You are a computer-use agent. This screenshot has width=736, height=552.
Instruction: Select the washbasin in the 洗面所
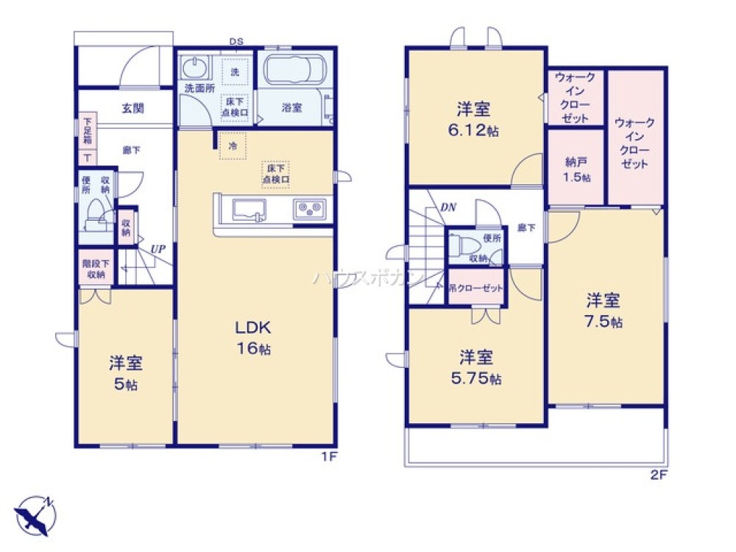[x=194, y=71]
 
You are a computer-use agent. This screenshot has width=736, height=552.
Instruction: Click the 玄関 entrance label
[x=132, y=108]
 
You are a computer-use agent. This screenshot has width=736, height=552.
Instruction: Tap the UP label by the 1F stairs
[x=158, y=250]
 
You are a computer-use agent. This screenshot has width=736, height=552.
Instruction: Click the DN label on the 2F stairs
[x=448, y=208]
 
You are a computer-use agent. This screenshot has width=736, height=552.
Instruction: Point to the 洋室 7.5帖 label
[x=603, y=311]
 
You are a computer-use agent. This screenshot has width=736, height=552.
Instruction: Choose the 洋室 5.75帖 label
[x=476, y=368]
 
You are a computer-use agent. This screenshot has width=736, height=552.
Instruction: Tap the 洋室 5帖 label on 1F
[x=126, y=372]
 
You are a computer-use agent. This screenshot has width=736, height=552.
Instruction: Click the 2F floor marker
[x=658, y=475]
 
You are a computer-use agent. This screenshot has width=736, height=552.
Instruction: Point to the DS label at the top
[x=236, y=42]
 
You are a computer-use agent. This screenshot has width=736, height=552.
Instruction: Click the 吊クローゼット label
[x=476, y=289]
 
